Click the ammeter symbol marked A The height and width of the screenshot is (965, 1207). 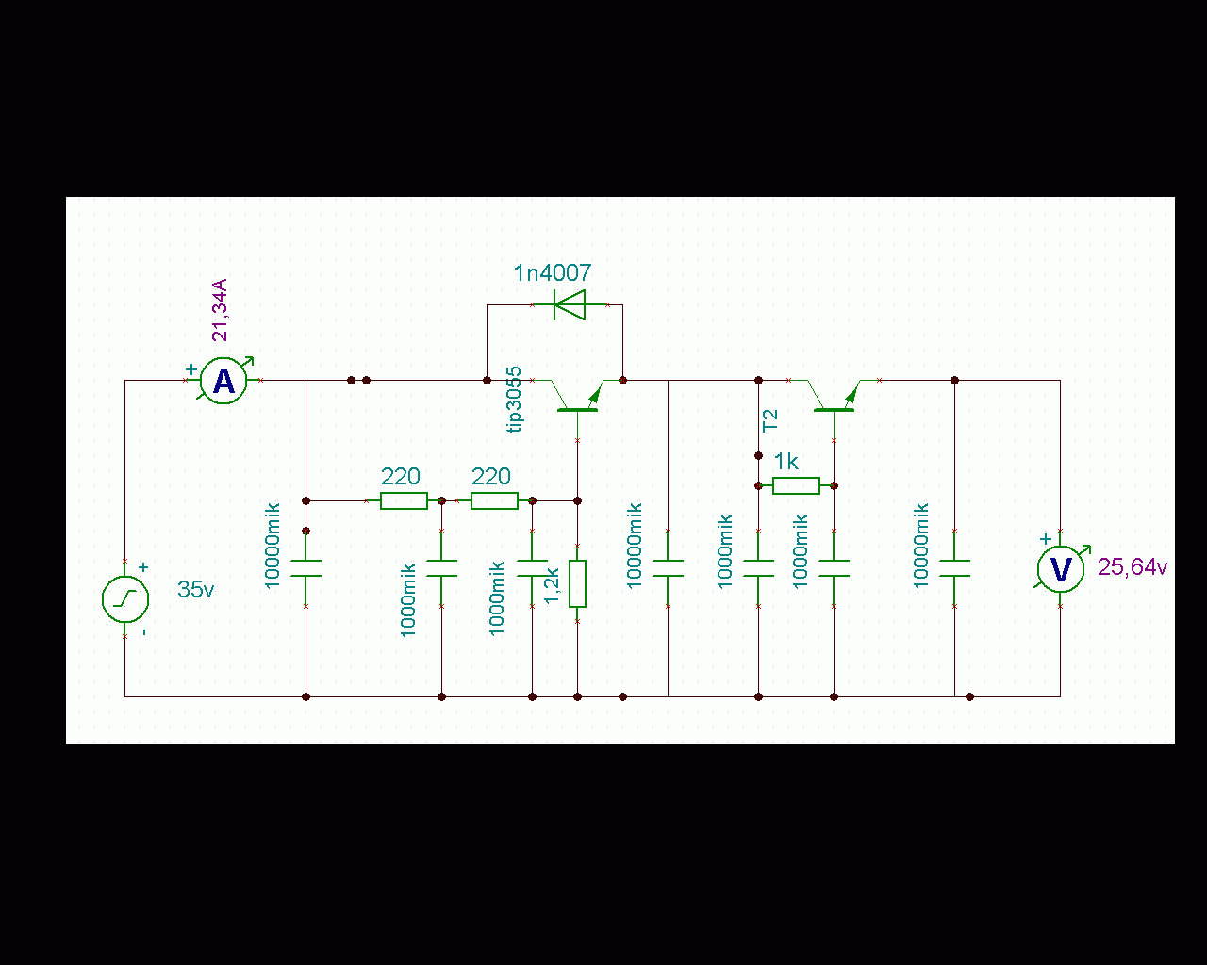pyautogui.click(x=224, y=381)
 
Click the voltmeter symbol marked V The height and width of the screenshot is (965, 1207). pyautogui.click(x=1060, y=569)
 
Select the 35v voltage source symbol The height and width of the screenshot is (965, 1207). pyautogui.click(x=125, y=599)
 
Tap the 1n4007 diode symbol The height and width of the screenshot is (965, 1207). pyautogui.click(x=569, y=304)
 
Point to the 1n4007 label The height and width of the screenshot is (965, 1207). pyautogui.click(x=553, y=273)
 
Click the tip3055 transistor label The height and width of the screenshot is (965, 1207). pyautogui.click(x=515, y=399)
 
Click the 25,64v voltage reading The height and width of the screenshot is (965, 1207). pyautogui.click(x=1133, y=567)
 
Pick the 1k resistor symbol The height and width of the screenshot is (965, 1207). pyautogui.click(x=796, y=485)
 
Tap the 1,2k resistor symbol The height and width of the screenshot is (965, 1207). pyautogui.click(x=577, y=583)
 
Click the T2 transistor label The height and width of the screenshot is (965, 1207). pyautogui.click(x=770, y=419)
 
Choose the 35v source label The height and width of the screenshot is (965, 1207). pyautogui.click(x=195, y=590)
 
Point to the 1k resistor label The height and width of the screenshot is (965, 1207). pyautogui.click(x=786, y=462)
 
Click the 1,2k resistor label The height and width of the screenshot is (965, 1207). pyautogui.click(x=554, y=584)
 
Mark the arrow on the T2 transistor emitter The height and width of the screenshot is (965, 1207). pyautogui.click(x=852, y=392)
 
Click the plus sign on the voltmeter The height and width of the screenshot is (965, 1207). pyautogui.click(x=1045, y=540)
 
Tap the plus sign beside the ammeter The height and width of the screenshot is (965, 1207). pyautogui.click(x=191, y=368)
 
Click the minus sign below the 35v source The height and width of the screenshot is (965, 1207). pyautogui.click(x=143, y=631)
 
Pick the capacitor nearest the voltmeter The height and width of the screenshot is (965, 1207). pyautogui.click(x=954, y=568)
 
